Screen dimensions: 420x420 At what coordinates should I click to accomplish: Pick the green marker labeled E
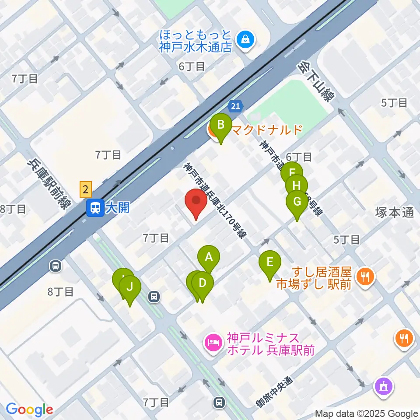coord(270,263)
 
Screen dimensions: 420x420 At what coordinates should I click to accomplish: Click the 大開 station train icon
coord(94,208)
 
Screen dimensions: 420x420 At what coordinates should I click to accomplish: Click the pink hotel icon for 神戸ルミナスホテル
coord(213,341)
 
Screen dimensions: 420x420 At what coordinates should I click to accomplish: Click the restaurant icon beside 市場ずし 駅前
coord(364,276)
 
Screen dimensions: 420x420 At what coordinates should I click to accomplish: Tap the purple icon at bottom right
coord(384,387)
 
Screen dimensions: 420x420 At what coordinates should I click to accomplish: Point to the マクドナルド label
coord(266,130)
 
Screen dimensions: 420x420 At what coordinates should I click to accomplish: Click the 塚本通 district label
coord(394,213)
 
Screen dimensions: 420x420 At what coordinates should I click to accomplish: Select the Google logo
coord(29,409)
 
